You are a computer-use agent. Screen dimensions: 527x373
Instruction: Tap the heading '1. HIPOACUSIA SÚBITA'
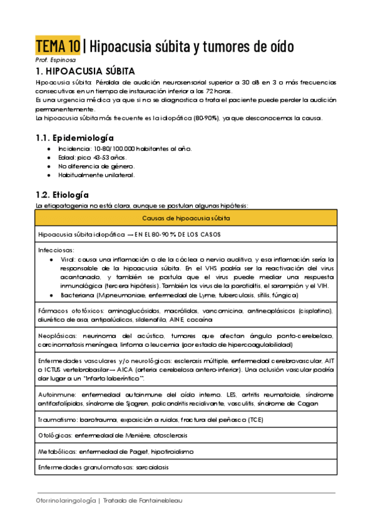coord(86,71)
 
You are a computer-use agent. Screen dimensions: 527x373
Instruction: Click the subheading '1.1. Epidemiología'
coord(75,137)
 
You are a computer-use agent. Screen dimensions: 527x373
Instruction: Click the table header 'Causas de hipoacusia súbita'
coord(186,218)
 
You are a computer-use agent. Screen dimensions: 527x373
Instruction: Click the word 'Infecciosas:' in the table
coord(55,249)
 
